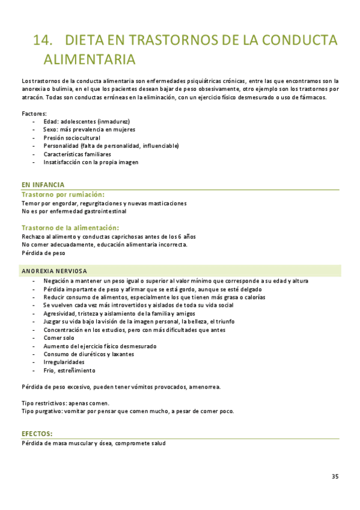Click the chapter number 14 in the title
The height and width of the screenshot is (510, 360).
pos(44,40)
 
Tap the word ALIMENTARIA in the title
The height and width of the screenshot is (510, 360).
pos(90,60)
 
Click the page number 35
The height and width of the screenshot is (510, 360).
pos(335,476)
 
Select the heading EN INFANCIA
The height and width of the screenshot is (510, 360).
pos(43,185)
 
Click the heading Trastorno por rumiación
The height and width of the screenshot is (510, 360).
pos(63,195)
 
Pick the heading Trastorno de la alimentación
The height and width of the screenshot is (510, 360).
pos(70,227)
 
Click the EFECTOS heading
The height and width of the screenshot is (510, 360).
pos(37,434)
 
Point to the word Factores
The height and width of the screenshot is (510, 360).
pos(34,113)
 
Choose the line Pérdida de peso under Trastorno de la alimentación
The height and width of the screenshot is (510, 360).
pos(43,253)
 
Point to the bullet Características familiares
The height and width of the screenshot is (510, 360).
pos(77,154)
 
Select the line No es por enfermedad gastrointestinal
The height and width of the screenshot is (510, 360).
pos(74,211)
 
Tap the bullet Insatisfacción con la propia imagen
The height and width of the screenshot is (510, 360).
pos(91,162)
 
